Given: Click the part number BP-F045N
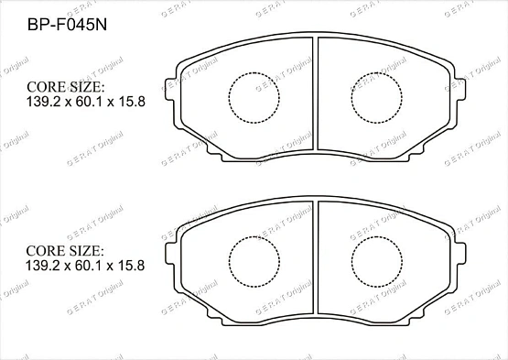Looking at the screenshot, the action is (67, 25).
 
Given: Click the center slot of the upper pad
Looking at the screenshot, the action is (316, 93).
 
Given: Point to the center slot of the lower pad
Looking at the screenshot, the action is (316, 257).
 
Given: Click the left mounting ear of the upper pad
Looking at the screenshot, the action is (171, 89).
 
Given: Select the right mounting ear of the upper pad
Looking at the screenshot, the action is (460, 89).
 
